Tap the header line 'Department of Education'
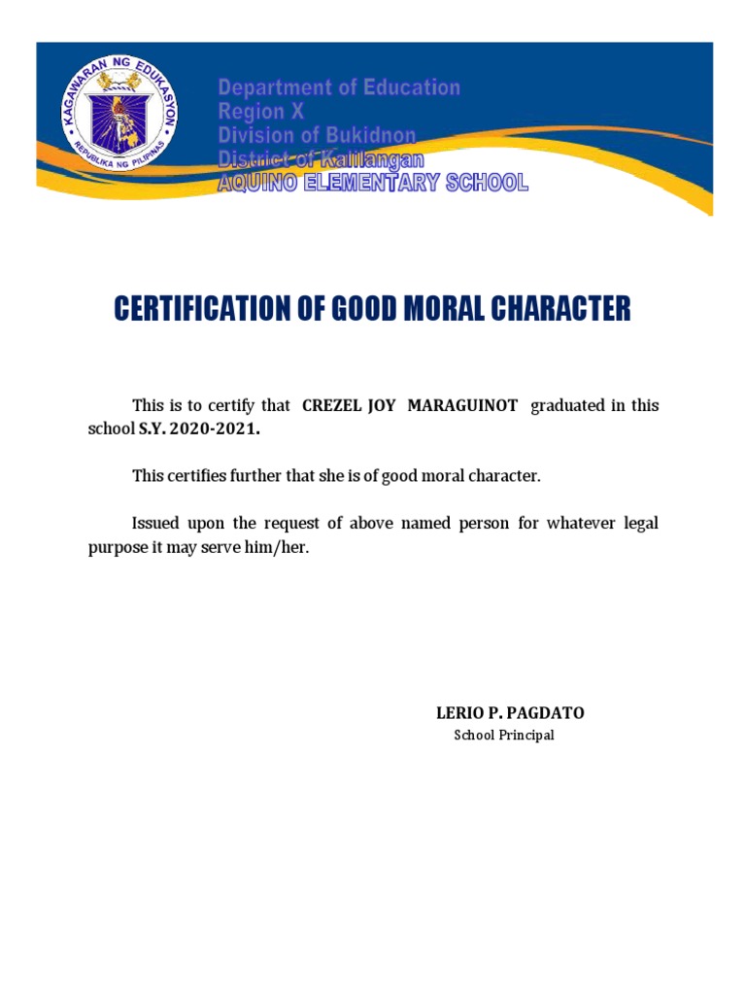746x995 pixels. click(x=338, y=88)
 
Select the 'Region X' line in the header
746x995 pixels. click(x=260, y=112)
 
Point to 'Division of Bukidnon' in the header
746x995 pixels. click(x=316, y=135)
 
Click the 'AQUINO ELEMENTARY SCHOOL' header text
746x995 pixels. click(x=372, y=182)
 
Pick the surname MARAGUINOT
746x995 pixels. click(x=462, y=405)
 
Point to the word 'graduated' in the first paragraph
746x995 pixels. click(x=567, y=405)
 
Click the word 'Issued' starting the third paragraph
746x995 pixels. click(x=156, y=524)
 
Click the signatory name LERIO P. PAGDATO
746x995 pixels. click(x=510, y=713)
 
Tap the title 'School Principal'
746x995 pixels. click(x=504, y=736)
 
